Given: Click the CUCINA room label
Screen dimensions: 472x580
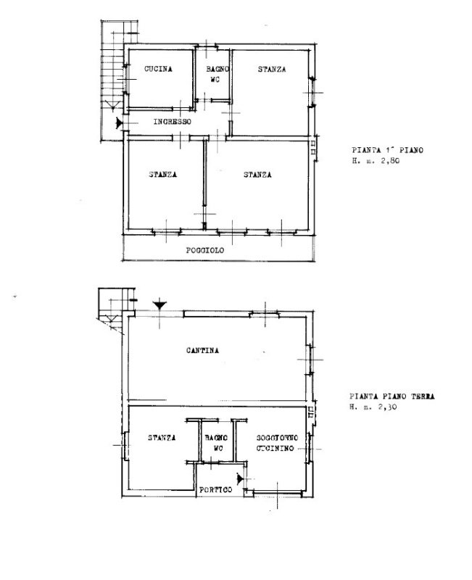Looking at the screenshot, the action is (158, 69).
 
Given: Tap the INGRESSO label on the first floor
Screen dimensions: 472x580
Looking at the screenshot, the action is (173, 122).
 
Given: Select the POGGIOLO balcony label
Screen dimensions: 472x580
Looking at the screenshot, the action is (205, 250).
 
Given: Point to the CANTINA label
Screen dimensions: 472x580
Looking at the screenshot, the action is (202, 350).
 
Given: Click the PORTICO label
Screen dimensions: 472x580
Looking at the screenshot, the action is (215, 490).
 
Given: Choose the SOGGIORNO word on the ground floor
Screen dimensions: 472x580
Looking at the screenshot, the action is (277, 438).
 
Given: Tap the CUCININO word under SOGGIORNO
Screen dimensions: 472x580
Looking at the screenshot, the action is (276, 448).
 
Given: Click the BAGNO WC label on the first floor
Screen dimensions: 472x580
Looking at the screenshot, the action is (218, 74).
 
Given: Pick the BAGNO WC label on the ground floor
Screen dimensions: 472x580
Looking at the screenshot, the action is (216, 443).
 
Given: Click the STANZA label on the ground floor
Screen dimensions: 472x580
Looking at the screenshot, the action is (162, 438).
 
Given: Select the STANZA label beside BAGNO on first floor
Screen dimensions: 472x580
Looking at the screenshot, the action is (272, 69).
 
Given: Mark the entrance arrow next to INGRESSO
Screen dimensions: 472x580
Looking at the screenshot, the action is (119, 123).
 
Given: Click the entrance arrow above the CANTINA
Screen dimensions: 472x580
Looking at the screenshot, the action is (160, 305).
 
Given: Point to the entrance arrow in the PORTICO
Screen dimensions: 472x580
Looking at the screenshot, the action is (240, 479).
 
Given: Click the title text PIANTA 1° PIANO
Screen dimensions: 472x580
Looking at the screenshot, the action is (387, 150).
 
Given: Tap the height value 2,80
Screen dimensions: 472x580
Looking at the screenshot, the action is (390, 161).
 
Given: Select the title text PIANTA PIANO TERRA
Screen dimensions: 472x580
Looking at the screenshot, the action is (392, 397).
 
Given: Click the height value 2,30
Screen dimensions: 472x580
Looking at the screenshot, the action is (387, 407).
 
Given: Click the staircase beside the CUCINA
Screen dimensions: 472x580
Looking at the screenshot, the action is (112, 80).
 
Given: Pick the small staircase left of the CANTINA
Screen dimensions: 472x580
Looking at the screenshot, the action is (115, 310).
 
